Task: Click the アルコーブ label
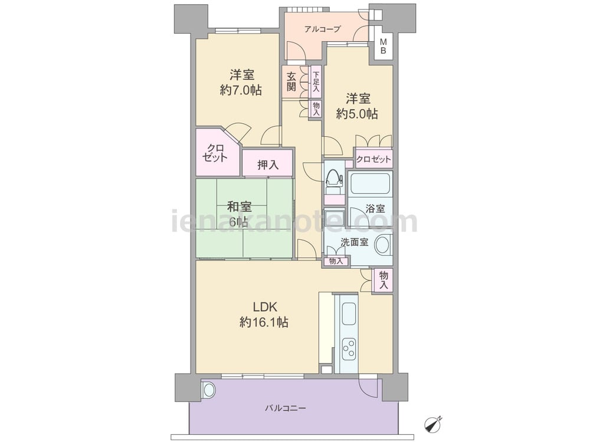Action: coord(323,29)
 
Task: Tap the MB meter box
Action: coord(383,46)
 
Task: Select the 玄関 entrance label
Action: coord(291,81)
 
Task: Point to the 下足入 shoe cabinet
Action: coord(316,82)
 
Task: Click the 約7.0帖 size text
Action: coord(241,90)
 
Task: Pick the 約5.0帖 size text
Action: coord(357,114)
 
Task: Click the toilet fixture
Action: coord(334,181)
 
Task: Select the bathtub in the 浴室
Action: coord(370,184)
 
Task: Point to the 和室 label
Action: coord(240,207)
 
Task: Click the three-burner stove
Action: coord(349,348)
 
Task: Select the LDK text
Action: coord(265,307)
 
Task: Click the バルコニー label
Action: coord(285,408)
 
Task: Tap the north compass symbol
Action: coord(432,424)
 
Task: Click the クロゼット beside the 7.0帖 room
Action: coord(217,152)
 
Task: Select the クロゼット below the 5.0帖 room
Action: coord(373,159)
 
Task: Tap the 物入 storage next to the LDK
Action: coord(383,281)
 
